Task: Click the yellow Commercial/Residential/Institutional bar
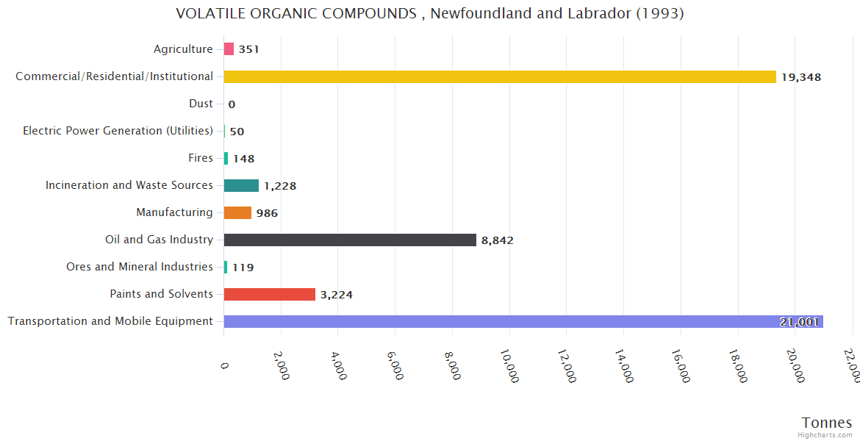click(x=500, y=76)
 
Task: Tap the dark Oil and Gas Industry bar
click(x=350, y=240)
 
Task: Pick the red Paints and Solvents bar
click(x=270, y=294)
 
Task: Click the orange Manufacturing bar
click(x=237, y=212)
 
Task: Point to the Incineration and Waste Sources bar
click(x=241, y=185)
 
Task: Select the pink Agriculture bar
click(x=229, y=49)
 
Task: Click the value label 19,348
click(x=800, y=77)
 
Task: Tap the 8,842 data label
click(x=502, y=240)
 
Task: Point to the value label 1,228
click(x=280, y=186)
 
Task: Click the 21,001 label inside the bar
click(x=799, y=322)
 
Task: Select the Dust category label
click(x=201, y=104)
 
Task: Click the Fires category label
click(x=201, y=158)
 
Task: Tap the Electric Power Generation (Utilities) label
click(x=118, y=131)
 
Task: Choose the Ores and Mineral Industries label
click(x=140, y=267)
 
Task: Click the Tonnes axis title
click(x=827, y=423)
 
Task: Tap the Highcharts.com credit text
click(x=825, y=435)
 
